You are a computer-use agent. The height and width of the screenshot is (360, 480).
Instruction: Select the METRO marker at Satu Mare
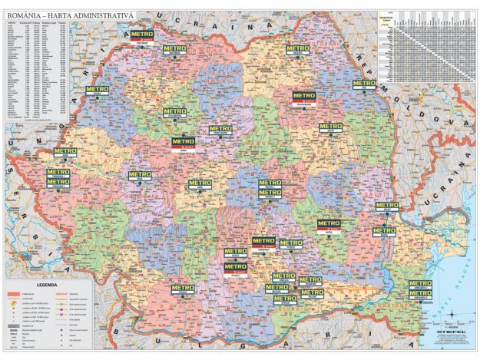pos(142,37)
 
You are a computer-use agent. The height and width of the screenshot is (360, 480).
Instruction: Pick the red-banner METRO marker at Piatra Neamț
pos(304,98)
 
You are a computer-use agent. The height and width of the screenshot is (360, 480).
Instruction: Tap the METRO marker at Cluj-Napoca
pos(174,114)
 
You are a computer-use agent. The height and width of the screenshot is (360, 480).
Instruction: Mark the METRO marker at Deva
pos(139,177)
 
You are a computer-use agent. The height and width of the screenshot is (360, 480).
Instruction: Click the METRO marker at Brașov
pos(270,186)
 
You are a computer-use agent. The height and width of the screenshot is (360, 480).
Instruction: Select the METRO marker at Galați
pos(386,208)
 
